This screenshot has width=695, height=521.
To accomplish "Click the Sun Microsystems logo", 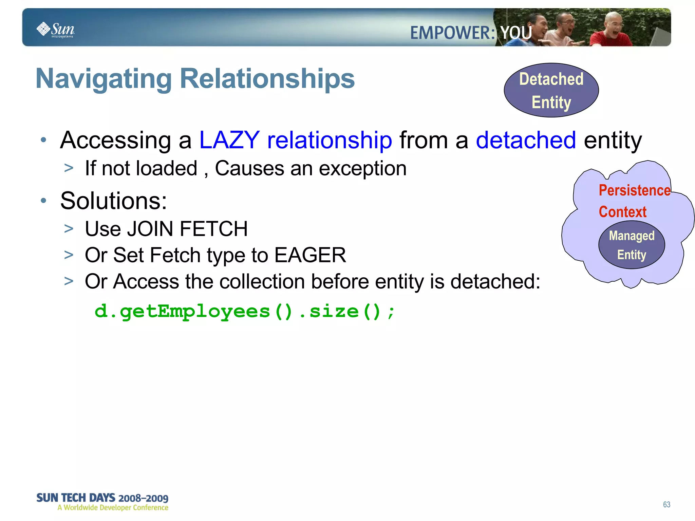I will pos(55,30).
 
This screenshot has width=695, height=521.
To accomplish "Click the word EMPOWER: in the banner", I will pos(452,33).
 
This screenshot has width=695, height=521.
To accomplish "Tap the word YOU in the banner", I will pos(516,33).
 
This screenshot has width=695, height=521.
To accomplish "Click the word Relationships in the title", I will pos(267,79).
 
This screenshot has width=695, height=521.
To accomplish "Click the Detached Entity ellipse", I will pos(551,90).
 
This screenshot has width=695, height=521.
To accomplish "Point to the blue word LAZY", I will pos(229,140).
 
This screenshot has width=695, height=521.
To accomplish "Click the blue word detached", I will pos(526,140).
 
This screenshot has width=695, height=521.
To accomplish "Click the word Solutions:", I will pos(114,201).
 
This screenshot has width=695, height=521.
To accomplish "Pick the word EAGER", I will pos(310,255).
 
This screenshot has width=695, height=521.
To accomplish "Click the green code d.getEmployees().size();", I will pos(244,312).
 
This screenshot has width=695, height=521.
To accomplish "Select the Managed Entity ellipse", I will pos(631,245).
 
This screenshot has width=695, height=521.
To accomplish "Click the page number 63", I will pos(666,504).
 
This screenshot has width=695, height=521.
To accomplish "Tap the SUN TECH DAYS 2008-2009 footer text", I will pos(102,498).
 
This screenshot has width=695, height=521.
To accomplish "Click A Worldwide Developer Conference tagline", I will pos(113,508).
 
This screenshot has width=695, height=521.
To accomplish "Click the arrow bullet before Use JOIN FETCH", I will pos(69,229).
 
